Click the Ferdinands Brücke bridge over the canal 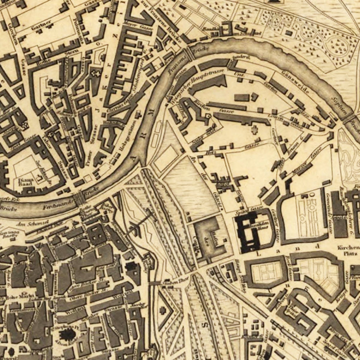coord(79,199)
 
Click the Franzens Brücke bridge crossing coord(190,53)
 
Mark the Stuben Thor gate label coord(171,282)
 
